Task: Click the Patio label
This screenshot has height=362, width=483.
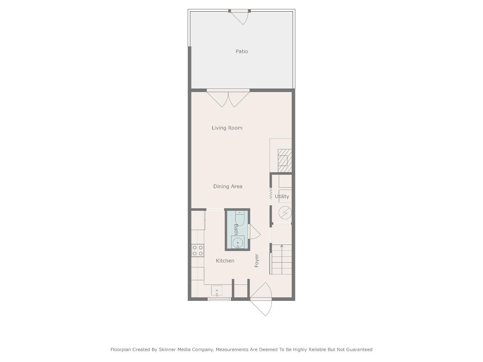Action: pos(241,51)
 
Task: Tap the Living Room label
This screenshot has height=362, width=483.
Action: pos(227,128)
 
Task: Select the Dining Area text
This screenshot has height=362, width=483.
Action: pos(228,186)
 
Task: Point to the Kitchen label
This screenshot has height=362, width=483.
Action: pos(225,261)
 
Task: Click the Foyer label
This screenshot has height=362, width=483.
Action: pos(257,261)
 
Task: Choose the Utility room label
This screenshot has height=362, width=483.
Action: pos(282,196)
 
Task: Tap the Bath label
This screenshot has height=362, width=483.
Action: pos(236,229)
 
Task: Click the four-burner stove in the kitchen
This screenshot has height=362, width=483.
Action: pos(197,251)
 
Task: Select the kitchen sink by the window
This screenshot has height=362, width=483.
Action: pos(217,291)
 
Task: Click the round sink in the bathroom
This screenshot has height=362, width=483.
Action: pos(238,243)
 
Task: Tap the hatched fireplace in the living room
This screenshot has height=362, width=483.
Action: pos(285,160)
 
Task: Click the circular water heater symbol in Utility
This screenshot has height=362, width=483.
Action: pos(285,213)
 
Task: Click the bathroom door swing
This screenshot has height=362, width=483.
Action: pos(254,232)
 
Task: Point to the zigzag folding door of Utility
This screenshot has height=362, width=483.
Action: pos(271,194)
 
